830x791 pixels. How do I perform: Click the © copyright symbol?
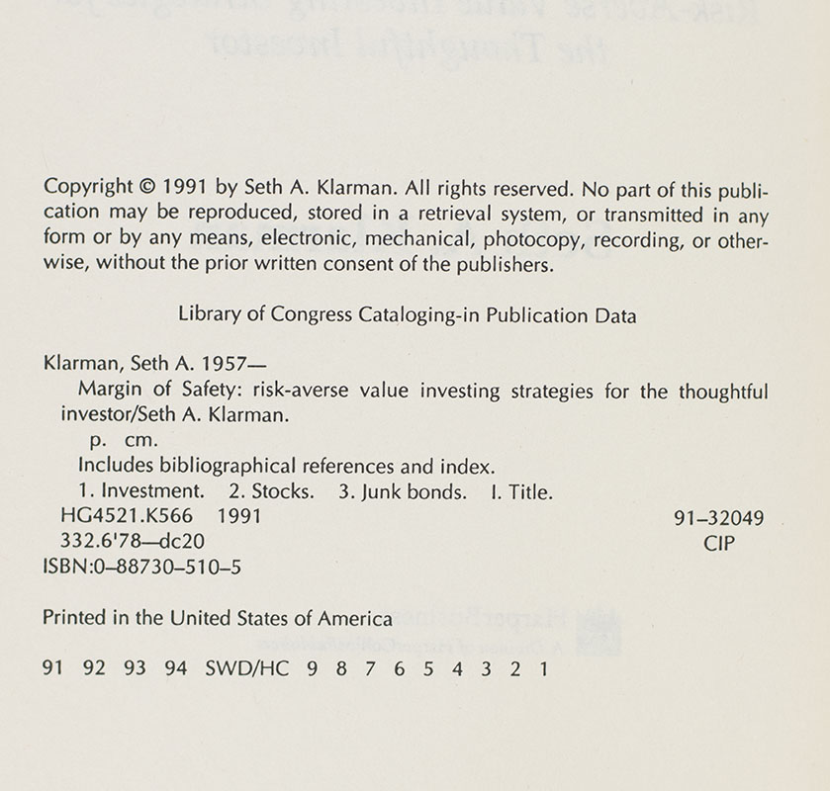tap(144, 187)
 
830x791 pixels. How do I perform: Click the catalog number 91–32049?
tap(719, 517)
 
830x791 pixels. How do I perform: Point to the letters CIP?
tap(719, 543)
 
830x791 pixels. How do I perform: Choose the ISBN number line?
tap(143, 569)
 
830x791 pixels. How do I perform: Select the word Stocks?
tap(284, 491)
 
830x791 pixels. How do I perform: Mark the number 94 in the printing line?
tap(176, 668)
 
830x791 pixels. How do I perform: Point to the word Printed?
tap(72, 619)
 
